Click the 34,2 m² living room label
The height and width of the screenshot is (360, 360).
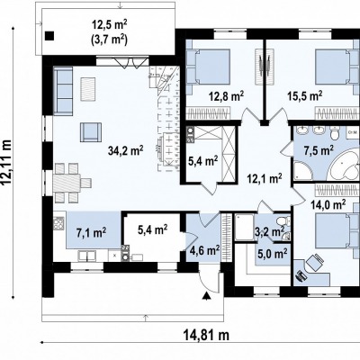(x=125, y=151)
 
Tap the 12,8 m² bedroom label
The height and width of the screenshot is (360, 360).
(x=226, y=96)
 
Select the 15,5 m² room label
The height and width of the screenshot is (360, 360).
(x=304, y=96)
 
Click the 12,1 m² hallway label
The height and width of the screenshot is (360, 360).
(x=264, y=179)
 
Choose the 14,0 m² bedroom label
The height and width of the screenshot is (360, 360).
(x=328, y=205)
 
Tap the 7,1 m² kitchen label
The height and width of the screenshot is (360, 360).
(x=91, y=232)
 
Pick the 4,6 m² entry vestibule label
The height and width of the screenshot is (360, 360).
(x=204, y=250)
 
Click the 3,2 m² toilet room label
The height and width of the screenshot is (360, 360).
(x=269, y=231)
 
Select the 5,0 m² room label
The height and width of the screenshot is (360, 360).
(x=272, y=254)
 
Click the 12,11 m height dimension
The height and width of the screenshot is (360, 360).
(x=7, y=162)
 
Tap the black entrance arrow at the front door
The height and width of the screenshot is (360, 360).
(x=206, y=296)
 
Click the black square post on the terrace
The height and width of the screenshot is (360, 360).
(x=49, y=36)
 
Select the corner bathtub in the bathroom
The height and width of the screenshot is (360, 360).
(x=344, y=165)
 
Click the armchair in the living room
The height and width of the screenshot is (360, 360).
(x=91, y=132)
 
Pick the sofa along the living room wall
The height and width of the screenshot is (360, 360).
(x=63, y=91)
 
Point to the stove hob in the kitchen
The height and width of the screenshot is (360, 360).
(x=58, y=223)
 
